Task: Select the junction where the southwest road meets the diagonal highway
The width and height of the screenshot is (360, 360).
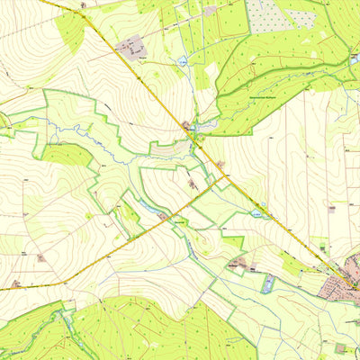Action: tap(225, 176)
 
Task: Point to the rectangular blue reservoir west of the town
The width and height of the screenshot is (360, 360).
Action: tap(266, 284)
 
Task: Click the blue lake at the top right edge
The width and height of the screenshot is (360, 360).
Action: tap(355, 57)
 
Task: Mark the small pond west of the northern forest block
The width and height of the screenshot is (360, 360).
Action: tap(183, 63)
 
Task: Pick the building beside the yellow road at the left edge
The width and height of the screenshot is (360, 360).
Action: tap(15, 283)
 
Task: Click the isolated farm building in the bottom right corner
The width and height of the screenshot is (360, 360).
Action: tap(341, 347)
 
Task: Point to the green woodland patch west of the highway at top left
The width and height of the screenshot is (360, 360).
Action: tap(70, 29)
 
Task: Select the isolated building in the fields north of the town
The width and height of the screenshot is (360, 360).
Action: tap(332, 209)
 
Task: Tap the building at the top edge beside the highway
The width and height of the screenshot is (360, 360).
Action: tap(83, 4)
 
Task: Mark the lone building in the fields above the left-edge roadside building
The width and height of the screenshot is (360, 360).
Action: tap(41, 257)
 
